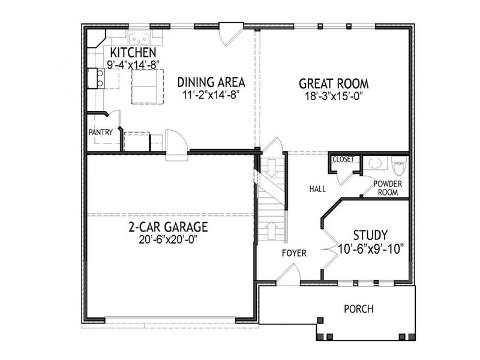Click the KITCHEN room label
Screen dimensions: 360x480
pyautogui.click(x=132, y=53)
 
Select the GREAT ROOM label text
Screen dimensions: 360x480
pyautogui.click(x=334, y=83)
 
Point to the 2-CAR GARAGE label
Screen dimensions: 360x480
pyautogui.click(x=168, y=227)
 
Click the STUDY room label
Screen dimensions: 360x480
pyautogui.click(x=370, y=235)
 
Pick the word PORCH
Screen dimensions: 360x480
pyautogui.click(x=359, y=310)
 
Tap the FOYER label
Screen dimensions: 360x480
pyautogui.click(x=294, y=253)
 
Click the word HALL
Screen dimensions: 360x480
pyautogui.click(x=317, y=189)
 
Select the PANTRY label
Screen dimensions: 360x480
pyautogui.click(x=100, y=132)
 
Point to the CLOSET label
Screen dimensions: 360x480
pyautogui.click(x=343, y=160)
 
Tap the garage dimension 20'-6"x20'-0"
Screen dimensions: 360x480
pyautogui.click(x=167, y=239)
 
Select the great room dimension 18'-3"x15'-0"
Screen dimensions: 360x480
pyautogui.click(x=334, y=95)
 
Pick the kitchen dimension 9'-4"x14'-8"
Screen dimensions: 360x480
pyautogui.click(x=132, y=64)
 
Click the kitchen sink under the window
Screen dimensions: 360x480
pyautogui.click(x=139, y=39)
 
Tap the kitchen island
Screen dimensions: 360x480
pyautogui.click(x=148, y=86)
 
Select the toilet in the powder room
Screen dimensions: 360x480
pyautogui.click(x=399, y=164)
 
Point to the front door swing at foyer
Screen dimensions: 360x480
pyautogui.click(x=289, y=277)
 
